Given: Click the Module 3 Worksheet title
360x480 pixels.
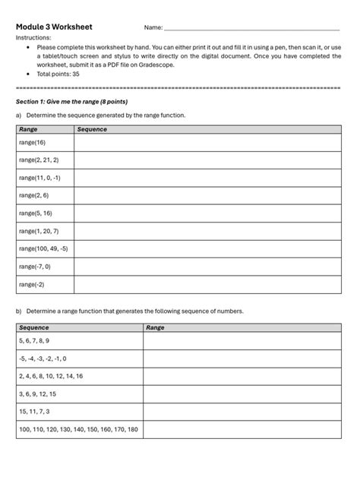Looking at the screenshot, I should (54, 27).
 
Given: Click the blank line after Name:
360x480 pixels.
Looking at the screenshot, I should (251, 28).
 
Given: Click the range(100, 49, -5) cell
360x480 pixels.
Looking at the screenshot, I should (43, 248).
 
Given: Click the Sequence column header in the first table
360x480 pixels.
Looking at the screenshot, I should (92, 130).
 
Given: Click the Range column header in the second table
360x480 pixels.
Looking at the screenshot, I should (156, 327).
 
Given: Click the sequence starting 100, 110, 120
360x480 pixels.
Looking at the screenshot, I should (78, 430).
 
